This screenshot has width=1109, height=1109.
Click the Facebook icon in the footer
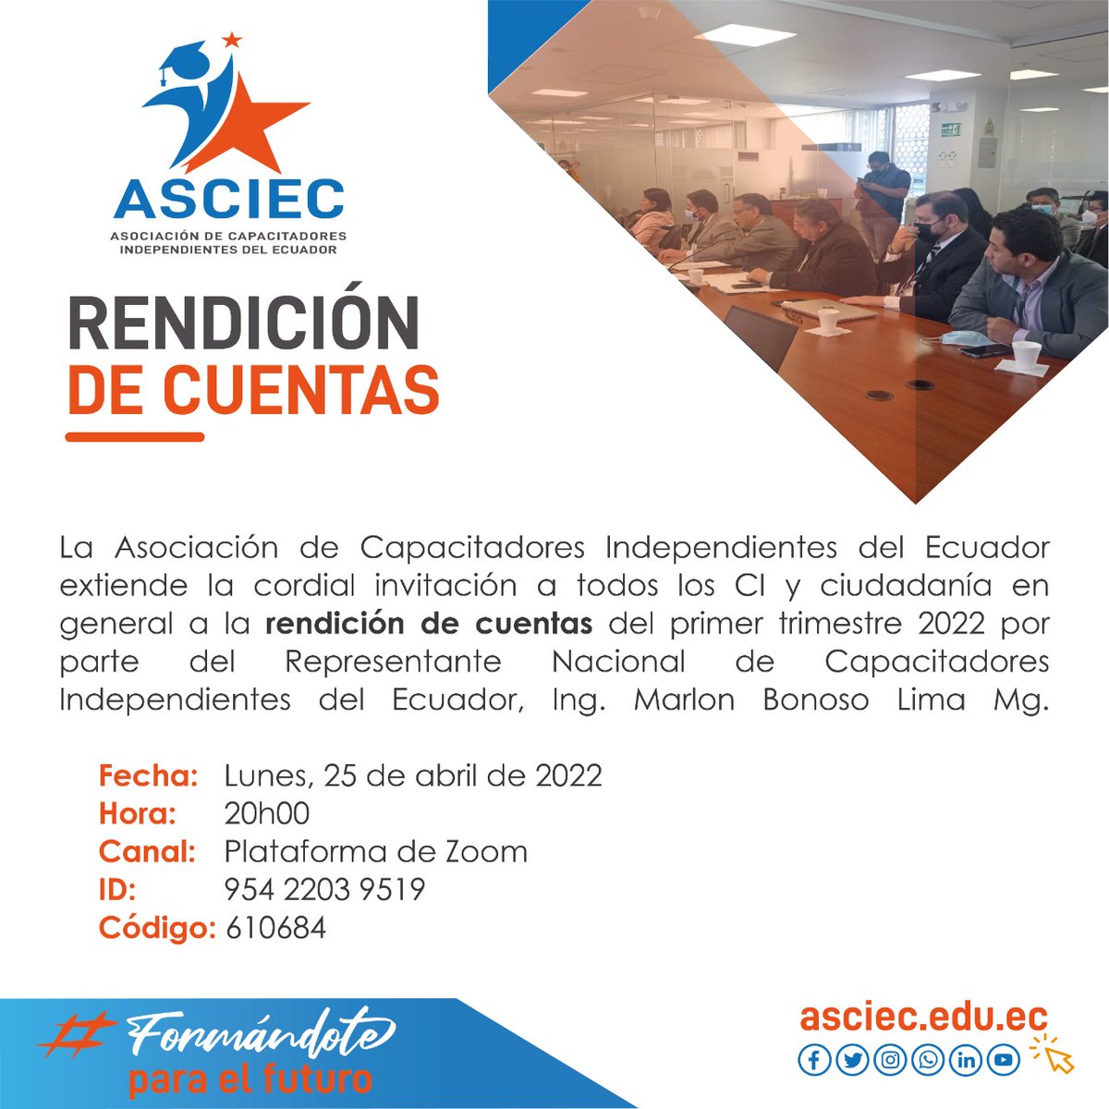click(813, 1059)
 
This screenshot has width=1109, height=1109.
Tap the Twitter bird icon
click(851, 1059)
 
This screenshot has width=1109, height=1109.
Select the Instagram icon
click(889, 1059)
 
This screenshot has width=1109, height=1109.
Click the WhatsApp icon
click(927, 1059)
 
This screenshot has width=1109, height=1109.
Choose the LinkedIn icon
click(966, 1059)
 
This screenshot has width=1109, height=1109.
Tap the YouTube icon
click(1004, 1059)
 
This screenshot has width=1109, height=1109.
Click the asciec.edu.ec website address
click(923, 1017)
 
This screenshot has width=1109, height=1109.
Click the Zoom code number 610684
click(275, 927)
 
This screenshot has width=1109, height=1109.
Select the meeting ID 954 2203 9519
click(324, 889)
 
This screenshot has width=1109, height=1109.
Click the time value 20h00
click(266, 813)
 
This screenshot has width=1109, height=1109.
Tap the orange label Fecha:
click(148, 774)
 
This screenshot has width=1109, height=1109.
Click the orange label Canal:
click(146, 851)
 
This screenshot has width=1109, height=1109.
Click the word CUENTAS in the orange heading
click(300, 390)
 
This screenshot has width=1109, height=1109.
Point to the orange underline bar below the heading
click(135, 437)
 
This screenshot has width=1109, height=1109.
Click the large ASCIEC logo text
click(228, 197)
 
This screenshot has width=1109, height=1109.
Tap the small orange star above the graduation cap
click(232, 40)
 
